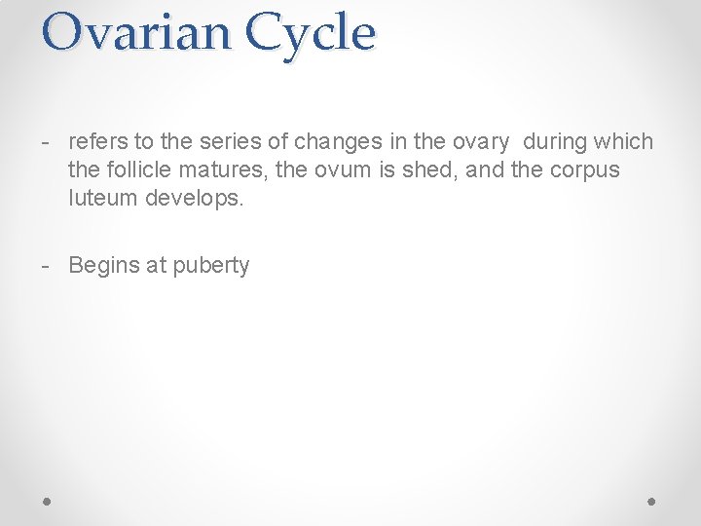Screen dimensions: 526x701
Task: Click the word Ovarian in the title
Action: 135,32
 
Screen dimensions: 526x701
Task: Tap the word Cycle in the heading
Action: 311,32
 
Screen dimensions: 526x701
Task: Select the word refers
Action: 96,142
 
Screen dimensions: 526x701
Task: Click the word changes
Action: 334,142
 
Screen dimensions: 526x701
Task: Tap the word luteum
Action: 103,199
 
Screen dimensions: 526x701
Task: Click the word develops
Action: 195,199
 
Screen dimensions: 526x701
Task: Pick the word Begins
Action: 104,265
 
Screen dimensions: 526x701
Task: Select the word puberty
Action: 211,265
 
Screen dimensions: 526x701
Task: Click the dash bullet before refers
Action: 46,142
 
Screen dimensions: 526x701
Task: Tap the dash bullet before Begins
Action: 46,265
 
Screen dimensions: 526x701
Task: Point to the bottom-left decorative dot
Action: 48,501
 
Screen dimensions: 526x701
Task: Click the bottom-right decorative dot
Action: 652,501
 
